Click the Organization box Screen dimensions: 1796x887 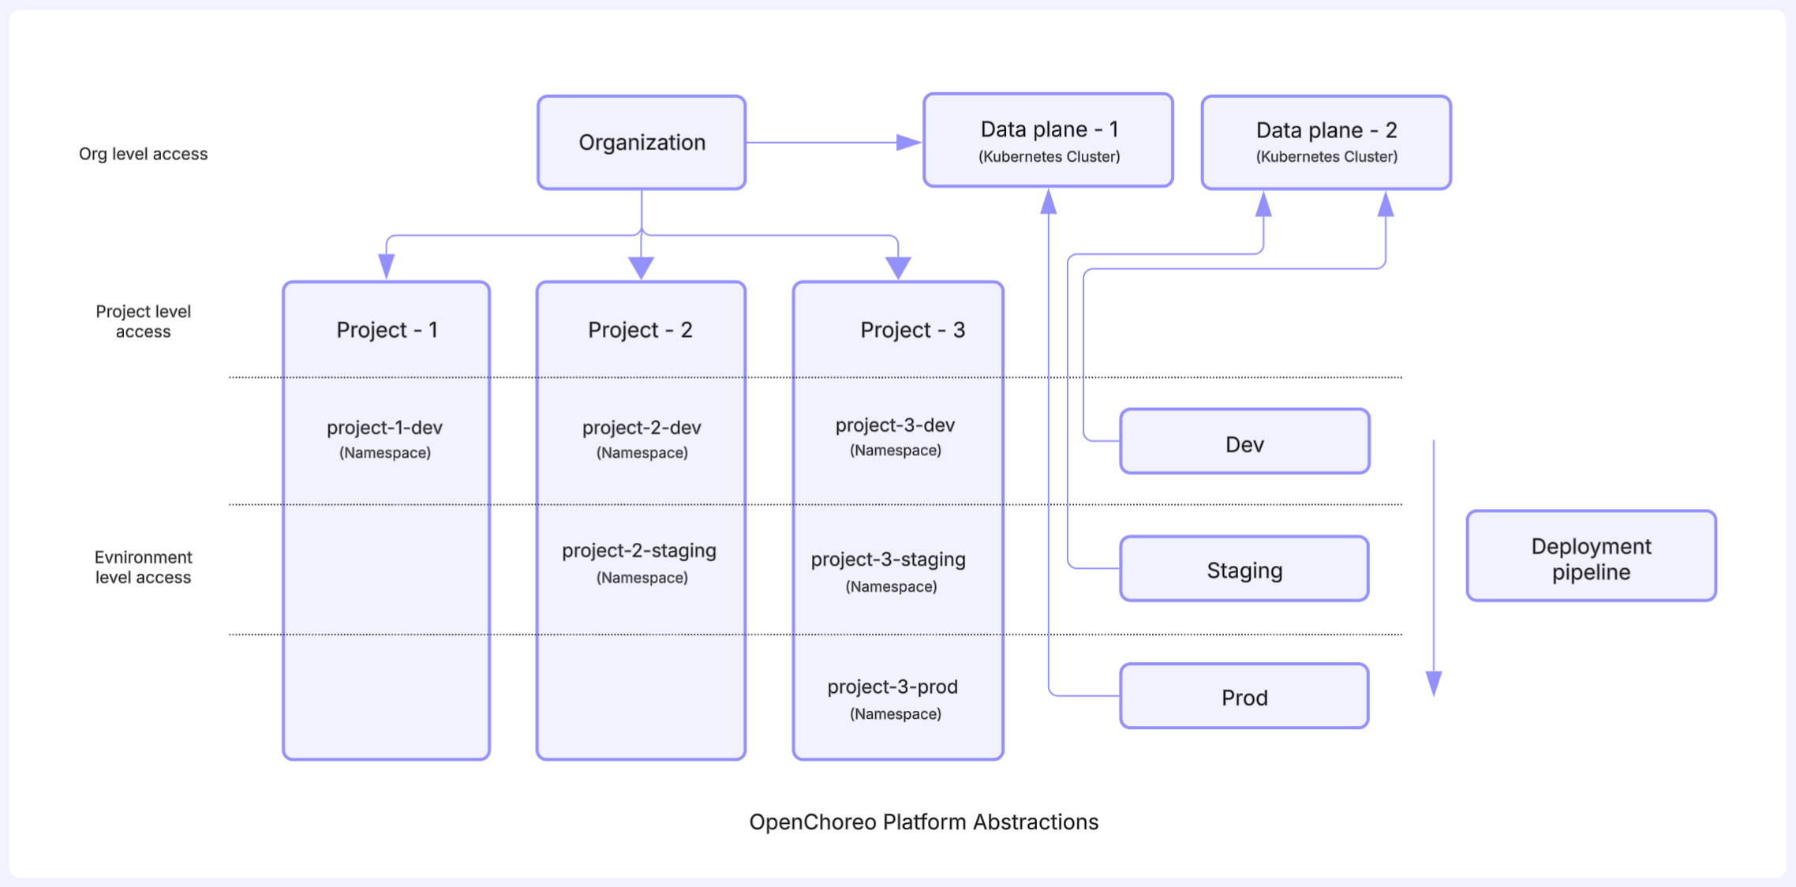tap(642, 143)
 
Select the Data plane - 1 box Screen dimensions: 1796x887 tap(1048, 140)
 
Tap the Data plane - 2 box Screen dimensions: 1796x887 tap(1326, 143)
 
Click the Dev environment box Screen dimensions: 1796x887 tap(1244, 441)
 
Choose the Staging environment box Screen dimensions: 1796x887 tap(1244, 569)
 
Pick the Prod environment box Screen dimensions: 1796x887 tap(1244, 696)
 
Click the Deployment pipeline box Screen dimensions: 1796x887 tap(1591, 556)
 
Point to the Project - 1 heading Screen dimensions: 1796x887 tap(387, 330)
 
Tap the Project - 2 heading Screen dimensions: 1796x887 tap(640, 330)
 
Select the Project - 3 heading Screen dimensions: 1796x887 tap(912, 330)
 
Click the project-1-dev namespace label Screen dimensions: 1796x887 tap(385, 439)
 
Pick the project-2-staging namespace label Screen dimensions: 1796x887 tap(639, 563)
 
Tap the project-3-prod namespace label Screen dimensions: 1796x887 tap(893, 699)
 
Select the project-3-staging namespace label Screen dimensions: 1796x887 tap(889, 571)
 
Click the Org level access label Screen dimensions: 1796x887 tap(144, 154)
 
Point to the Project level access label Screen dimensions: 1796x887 tap(143, 321)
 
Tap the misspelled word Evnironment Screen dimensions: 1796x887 tap(144, 557)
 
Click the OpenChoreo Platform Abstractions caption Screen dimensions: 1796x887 tap(923, 822)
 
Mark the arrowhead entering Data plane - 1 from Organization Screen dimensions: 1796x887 tap(909, 143)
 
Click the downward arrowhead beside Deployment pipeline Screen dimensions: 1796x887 tap(1434, 683)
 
